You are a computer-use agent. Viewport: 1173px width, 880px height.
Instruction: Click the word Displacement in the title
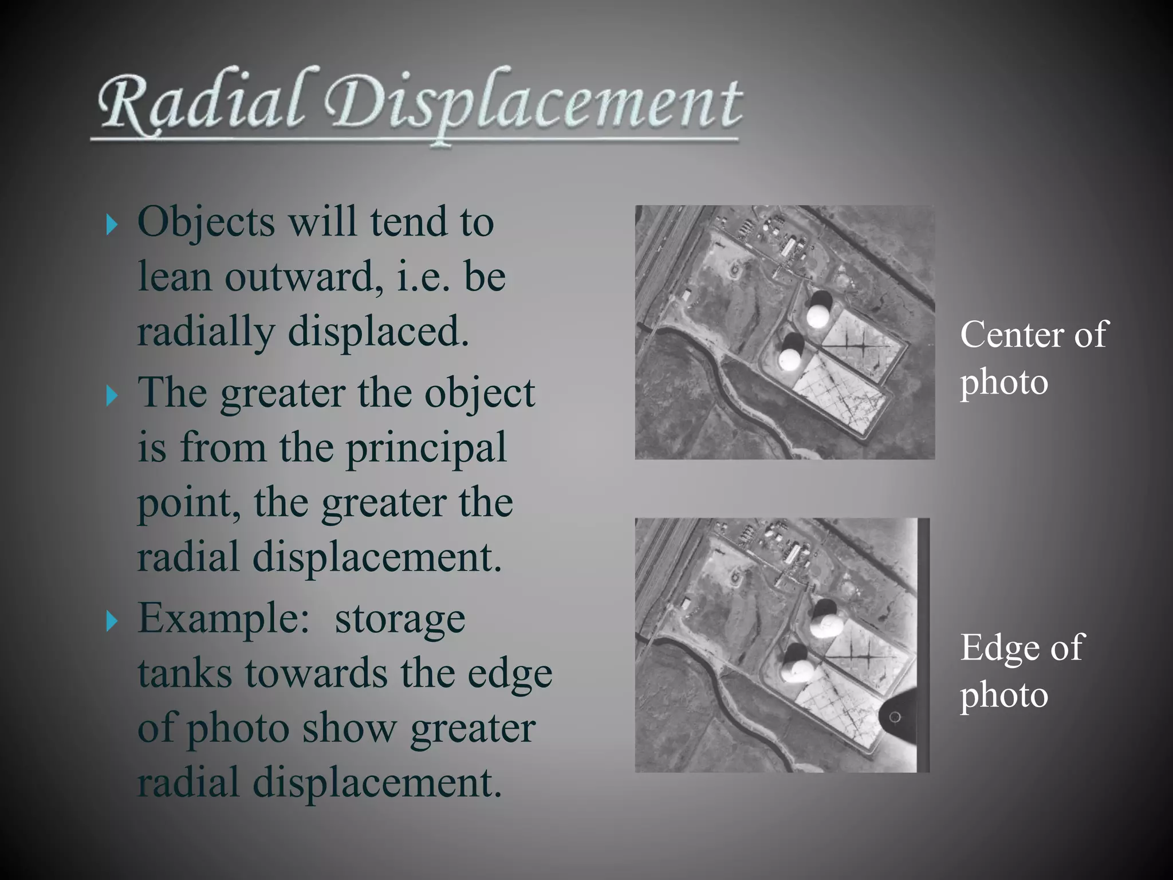[x=533, y=106]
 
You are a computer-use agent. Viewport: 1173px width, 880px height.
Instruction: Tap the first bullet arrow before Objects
[x=111, y=225]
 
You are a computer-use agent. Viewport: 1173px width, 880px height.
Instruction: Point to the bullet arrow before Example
[x=111, y=621]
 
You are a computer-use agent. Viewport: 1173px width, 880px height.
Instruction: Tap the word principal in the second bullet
[x=427, y=448]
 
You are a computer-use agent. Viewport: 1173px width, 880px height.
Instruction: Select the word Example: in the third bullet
[x=223, y=619]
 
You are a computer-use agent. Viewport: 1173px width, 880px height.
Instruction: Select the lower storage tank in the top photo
[x=790, y=358]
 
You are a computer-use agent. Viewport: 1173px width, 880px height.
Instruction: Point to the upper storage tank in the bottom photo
[x=823, y=624]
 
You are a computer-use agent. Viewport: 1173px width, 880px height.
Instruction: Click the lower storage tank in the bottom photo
[x=794, y=668]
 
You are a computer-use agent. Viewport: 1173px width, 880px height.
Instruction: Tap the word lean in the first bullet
[x=174, y=277]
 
